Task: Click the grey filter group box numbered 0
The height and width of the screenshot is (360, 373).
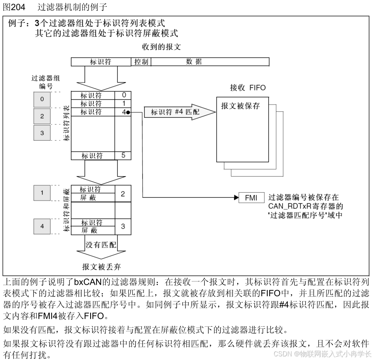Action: [x=42, y=99]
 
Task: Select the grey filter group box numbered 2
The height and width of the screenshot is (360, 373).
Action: [x=42, y=116]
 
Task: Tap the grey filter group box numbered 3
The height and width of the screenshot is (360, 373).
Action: [x=42, y=132]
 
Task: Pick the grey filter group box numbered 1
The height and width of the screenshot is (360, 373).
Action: [x=42, y=193]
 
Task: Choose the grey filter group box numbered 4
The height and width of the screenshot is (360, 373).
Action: [x=42, y=226]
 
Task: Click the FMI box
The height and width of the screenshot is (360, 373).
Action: [x=252, y=197]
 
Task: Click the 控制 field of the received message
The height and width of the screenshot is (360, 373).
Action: [x=141, y=62]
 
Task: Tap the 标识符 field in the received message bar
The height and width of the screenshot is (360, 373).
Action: [x=101, y=62]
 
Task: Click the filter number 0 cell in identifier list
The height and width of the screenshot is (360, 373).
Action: [x=123, y=95]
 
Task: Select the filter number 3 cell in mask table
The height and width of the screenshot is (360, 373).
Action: [x=123, y=226]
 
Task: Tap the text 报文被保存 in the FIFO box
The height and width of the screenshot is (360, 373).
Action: [x=240, y=106]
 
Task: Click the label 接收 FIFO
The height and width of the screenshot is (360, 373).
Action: [x=247, y=88]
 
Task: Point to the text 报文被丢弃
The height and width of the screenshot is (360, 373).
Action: [x=101, y=266]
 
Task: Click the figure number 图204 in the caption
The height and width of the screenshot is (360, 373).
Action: [x=14, y=7]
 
